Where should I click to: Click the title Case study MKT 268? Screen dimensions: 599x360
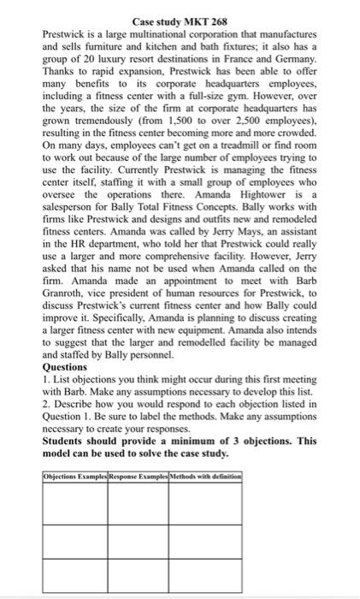pos(180,20)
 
